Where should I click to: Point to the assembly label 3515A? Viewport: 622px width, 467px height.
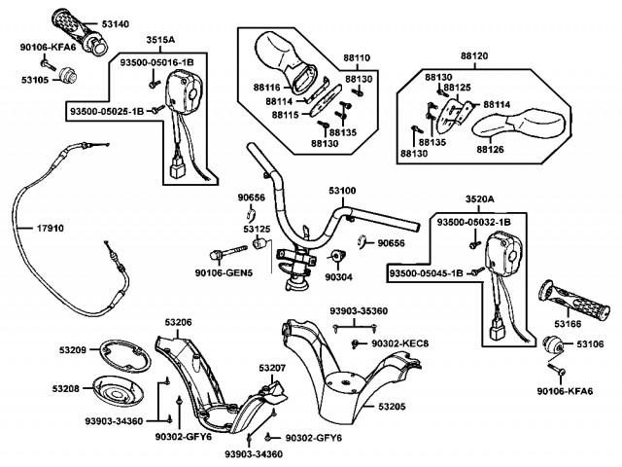160,40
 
